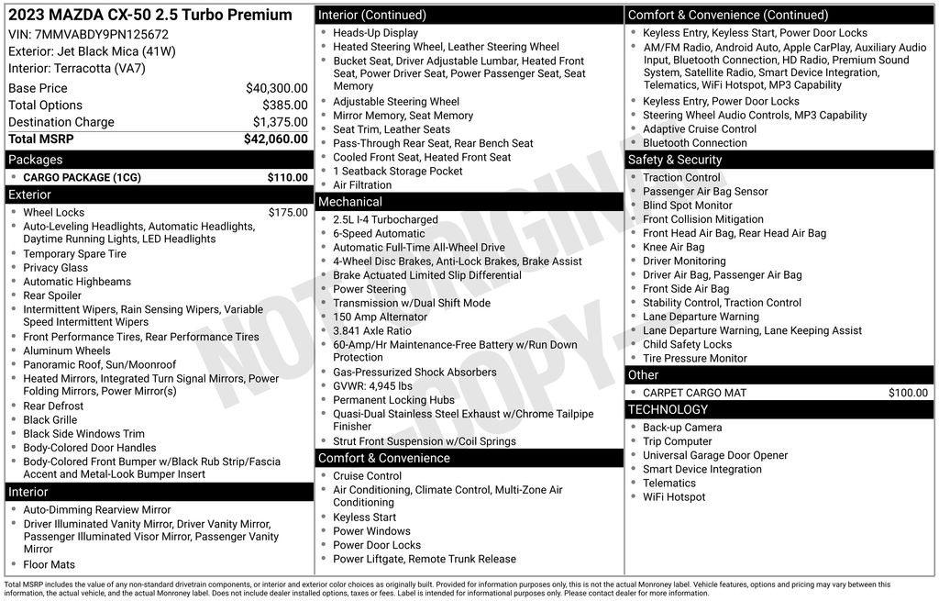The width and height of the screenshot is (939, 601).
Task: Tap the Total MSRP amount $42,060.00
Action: pos(275,139)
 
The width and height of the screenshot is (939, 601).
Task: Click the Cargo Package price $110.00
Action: pos(287,177)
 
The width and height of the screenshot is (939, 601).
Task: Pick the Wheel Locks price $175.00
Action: pos(288,212)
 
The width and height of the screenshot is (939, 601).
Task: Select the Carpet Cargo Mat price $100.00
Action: pos(908,393)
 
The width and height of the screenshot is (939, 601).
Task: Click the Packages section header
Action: pos(36,160)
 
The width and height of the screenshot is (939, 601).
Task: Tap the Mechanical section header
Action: pos(350,202)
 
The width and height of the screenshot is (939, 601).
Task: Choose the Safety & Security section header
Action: pos(675,160)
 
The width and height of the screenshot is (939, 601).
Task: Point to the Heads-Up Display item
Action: pos(375,33)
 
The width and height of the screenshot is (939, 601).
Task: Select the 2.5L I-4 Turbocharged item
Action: pos(385,220)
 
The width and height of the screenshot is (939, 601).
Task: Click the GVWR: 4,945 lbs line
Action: pos(372,386)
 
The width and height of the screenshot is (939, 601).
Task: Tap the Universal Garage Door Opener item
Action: pos(715,455)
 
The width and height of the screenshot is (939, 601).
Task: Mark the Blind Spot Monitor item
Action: pos(688,206)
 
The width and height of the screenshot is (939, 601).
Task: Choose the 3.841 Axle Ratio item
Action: pos(372,330)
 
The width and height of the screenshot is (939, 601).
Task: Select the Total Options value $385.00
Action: pos(284,106)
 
